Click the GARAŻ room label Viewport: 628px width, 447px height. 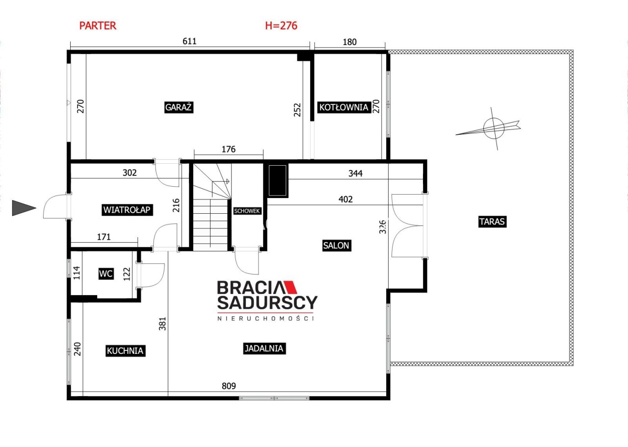pos(179,107)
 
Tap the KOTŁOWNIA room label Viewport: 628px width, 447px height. pos(344,107)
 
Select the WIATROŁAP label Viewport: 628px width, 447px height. pos(127,210)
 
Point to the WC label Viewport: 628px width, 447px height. pos(106,273)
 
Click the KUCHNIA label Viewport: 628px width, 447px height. pos(125,350)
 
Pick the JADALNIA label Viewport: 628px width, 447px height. pos(264,348)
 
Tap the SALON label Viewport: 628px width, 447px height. pos(337,246)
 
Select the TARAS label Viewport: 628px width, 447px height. pos(492,222)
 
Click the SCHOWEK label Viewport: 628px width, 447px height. pos(247,211)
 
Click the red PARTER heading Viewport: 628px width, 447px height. pos(98,26)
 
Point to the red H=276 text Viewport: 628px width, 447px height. pos(281,26)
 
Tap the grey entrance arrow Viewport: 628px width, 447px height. pos(24,208)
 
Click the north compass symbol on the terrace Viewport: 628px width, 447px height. pos(494,128)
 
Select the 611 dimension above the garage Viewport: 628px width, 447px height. pos(189,41)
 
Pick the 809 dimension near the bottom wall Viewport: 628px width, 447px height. pos(229,386)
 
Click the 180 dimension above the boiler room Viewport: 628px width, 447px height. pos(350,42)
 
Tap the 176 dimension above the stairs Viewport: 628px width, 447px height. pos(229,149)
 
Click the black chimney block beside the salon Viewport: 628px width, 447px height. pos(277,180)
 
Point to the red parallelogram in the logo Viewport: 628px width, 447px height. pos(290,287)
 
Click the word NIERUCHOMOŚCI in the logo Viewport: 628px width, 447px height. pos(265,318)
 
